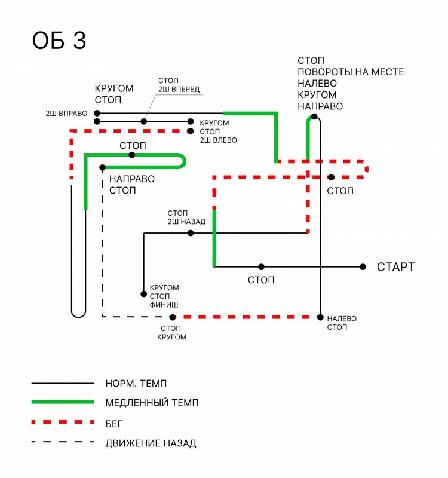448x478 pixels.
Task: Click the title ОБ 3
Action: [x=59, y=41]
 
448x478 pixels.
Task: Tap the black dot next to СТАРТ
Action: [x=363, y=267]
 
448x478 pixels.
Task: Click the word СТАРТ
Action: [x=395, y=267]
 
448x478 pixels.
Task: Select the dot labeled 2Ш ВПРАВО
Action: [x=97, y=113]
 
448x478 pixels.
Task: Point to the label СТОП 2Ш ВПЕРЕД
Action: [x=179, y=85]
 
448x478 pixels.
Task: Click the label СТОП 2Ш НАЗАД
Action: [x=186, y=217]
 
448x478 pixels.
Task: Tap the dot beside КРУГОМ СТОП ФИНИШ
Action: [x=144, y=294]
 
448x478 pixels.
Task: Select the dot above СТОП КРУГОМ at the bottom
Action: [x=173, y=317]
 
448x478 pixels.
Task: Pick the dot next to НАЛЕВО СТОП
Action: [x=321, y=317]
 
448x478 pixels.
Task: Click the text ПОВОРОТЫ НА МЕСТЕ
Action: [x=351, y=72]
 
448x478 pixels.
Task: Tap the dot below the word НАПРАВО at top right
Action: [x=315, y=117]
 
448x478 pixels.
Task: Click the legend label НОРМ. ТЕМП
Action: [x=137, y=383]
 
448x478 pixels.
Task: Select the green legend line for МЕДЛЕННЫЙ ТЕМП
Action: [x=63, y=402]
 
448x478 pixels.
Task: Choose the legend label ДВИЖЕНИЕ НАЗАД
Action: [x=151, y=443]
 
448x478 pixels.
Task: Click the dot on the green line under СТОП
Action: [x=132, y=155]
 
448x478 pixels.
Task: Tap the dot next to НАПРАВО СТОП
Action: [x=103, y=167]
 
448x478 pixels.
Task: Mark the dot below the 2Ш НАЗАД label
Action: [x=191, y=233]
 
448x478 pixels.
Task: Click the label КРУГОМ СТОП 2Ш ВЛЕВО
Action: [x=218, y=131]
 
